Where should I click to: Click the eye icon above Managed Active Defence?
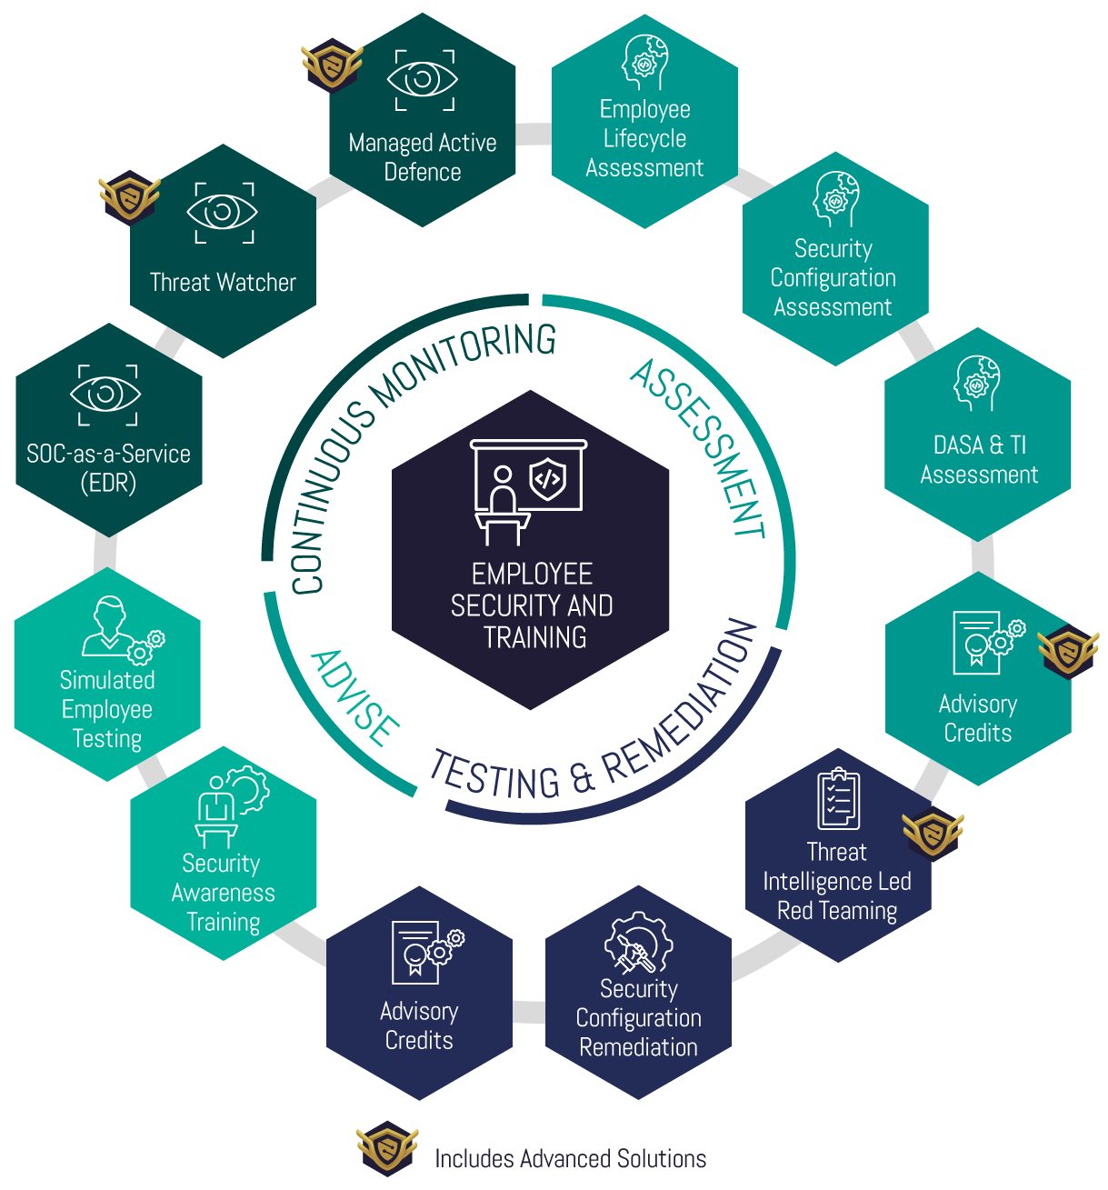(422, 80)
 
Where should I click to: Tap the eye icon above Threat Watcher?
(222, 213)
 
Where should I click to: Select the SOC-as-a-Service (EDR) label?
(108, 468)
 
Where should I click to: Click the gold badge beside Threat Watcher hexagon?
(129, 195)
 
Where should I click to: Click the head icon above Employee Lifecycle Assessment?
(644, 62)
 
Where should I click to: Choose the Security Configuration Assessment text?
(833, 277)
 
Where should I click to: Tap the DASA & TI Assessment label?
(978, 459)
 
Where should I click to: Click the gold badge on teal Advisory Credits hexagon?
(1068, 650)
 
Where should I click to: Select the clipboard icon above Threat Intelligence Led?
(837, 799)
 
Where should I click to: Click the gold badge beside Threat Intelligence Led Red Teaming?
(932, 832)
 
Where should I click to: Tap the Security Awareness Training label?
(223, 892)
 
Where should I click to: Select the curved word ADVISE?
(354, 698)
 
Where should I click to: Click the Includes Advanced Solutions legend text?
(570, 1158)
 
